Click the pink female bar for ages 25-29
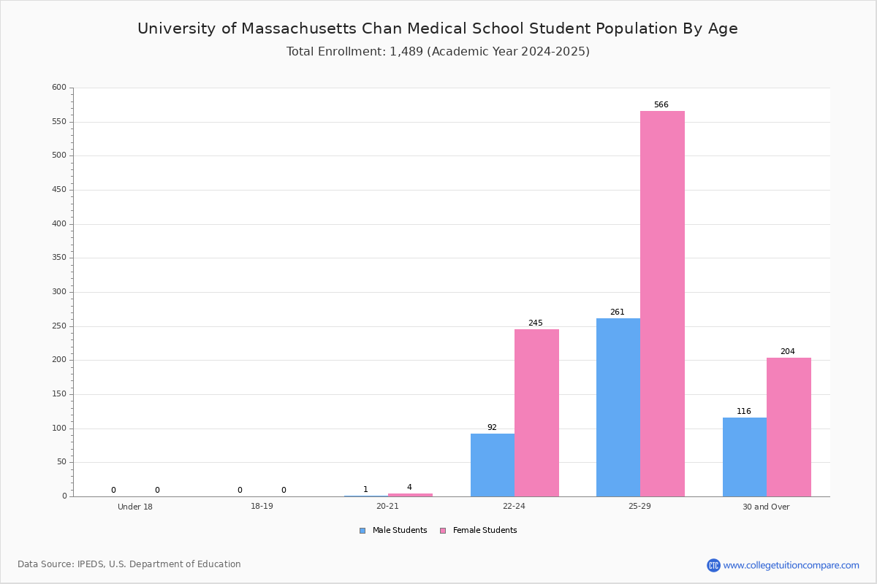(x=662, y=304)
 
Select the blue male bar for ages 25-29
(x=618, y=407)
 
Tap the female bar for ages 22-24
(x=536, y=413)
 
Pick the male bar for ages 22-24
(x=493, y=465)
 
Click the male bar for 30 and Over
(x=745, y=457)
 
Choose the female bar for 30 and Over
(x=789, y=427)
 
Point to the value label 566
(x=661, y=104)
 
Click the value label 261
(x=618, y=312)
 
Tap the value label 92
(x=492, y=427)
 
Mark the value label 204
(x=788, y=351)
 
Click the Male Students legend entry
(x=393, y=531)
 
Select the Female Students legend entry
(x=479, y=531)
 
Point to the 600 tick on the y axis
(x=59, y=87)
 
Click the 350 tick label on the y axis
(x=59, y=258)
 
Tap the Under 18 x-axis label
(x=135, y=507)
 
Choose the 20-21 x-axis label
(x=387, y=506)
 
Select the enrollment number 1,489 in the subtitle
(x=406, y=52)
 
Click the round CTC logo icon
(x=714, y=565)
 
